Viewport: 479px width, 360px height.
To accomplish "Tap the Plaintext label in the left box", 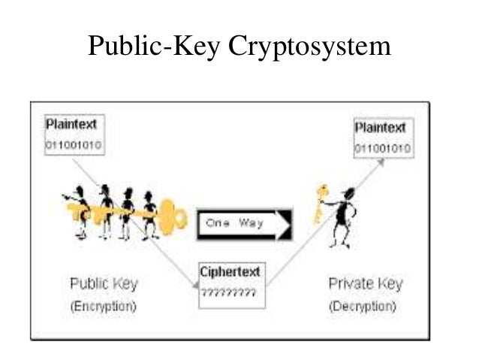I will point(71,123).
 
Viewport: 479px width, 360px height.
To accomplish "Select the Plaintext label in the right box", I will point(380,128).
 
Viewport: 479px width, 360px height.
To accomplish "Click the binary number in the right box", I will point(382,148).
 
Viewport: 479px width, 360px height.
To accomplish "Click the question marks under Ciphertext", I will point(228,292).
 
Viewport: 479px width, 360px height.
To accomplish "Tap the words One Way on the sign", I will point(232,223).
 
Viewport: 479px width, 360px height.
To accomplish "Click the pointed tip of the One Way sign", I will point(289,224).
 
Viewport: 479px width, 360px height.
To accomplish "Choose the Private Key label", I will point(366,284).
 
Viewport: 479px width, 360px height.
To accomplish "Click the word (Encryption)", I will point(104,307).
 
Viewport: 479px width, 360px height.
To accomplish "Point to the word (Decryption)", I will point(363,307).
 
